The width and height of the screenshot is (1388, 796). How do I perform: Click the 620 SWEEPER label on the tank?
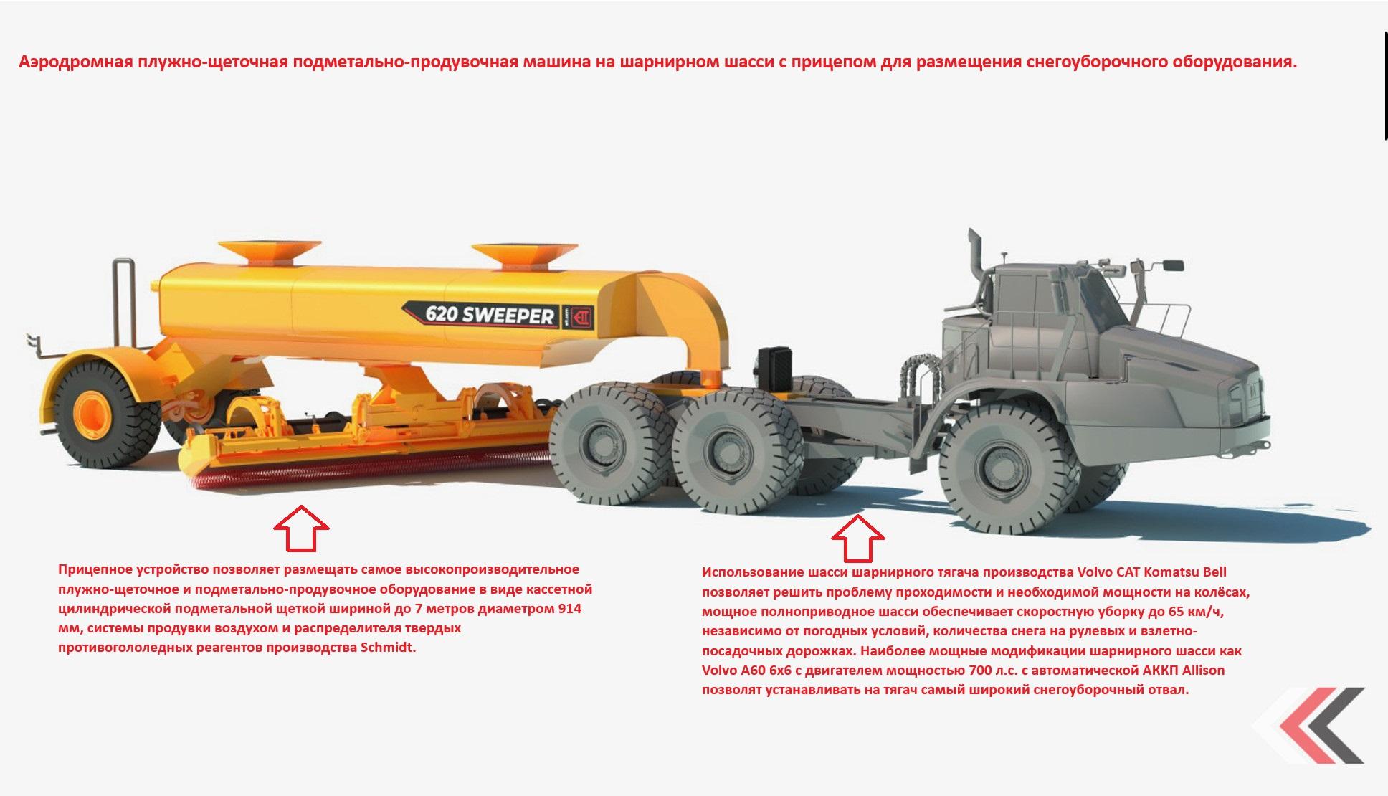coord(490,314)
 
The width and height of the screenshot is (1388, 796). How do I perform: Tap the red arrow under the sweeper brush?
coord(301,529)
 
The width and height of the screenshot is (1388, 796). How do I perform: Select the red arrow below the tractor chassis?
coord(858,538)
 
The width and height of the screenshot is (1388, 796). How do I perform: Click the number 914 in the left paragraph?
coord(569,609)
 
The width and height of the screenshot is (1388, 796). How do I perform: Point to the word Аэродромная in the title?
coord(75,62)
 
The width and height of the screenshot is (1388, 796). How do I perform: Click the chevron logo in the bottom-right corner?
coord(1316,725)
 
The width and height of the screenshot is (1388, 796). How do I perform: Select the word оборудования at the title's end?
coord(1234,62)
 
